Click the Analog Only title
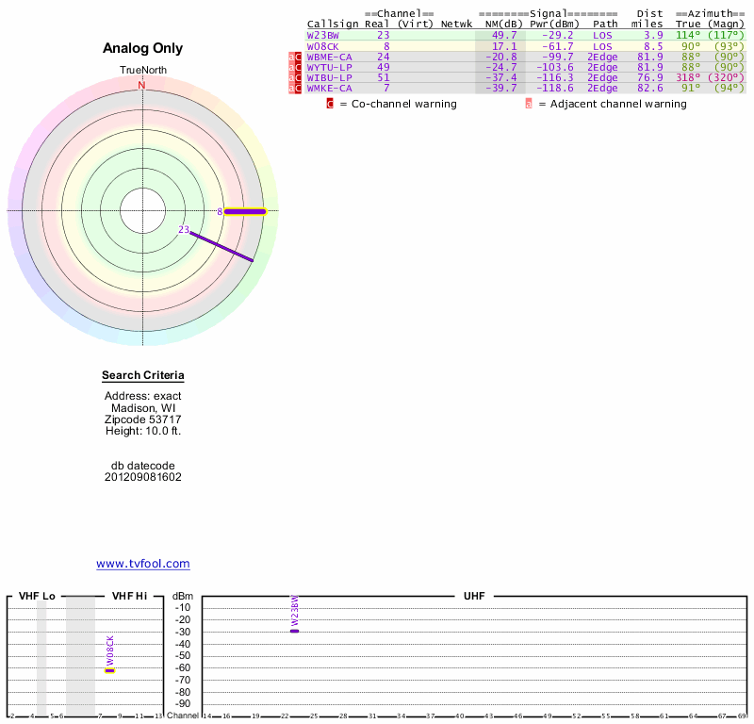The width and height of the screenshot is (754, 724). point(142,49)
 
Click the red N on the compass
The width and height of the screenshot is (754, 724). point(142,86)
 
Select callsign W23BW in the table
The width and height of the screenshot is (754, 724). point(323,35)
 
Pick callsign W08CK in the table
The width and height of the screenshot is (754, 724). point(323,45)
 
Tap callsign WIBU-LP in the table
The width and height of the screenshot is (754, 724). point(329,77)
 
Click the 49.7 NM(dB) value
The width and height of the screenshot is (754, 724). point(503,35)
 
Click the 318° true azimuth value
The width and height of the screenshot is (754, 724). point(687,77)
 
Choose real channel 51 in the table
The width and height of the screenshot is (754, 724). point(384,77)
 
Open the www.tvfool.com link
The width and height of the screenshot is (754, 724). point(142,564)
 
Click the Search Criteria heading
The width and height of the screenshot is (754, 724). point(142,376)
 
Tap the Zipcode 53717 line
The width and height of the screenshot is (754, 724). point(142,419)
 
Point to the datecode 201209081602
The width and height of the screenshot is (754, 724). point(142,477)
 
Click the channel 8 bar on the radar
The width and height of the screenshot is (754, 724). point(245,212)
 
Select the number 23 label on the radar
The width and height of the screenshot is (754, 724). point(184,229)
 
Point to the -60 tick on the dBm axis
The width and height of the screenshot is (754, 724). point(183,668)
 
